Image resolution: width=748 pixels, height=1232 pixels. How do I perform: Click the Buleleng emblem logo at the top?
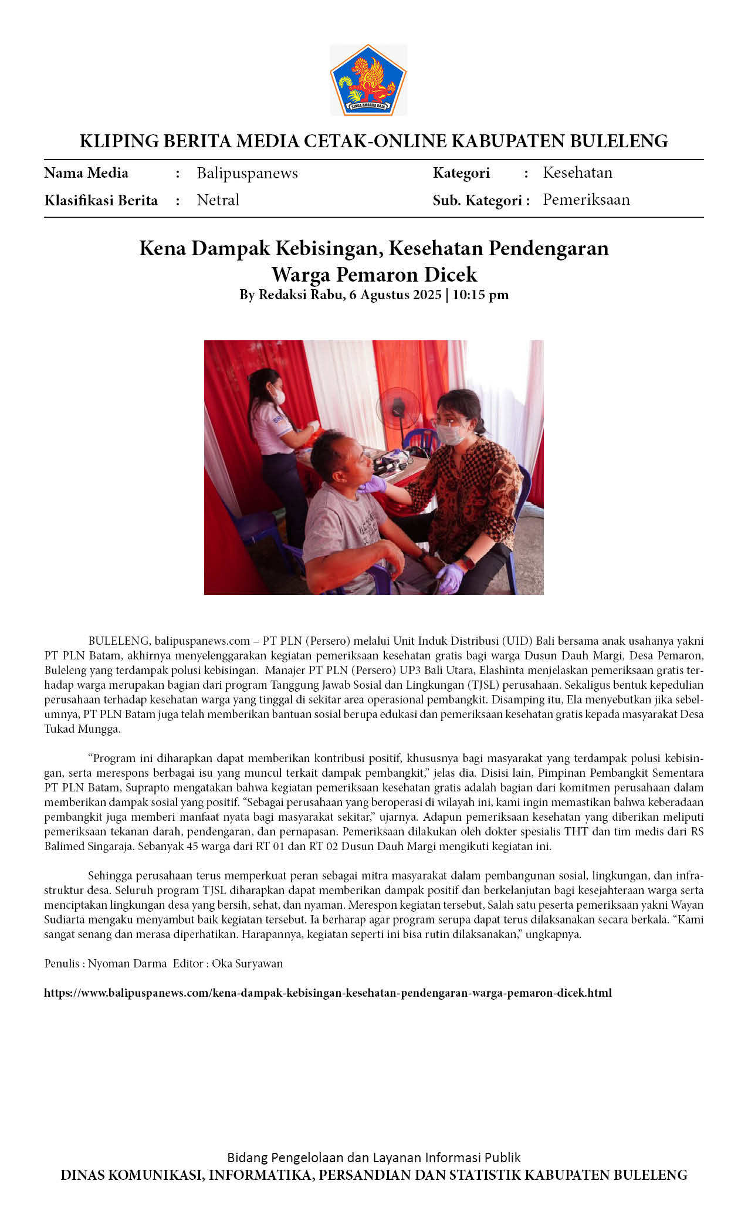click(368, 80)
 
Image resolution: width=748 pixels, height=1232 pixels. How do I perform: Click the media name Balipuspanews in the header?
click(247, 173)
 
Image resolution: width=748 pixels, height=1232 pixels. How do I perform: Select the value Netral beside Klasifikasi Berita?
click(218, 200)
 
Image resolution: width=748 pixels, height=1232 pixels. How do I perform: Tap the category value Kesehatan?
click(577, 172)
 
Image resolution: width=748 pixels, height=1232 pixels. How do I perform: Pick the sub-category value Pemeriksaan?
click(586, 199)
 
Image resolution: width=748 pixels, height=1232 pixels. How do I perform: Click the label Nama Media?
click(86, 173)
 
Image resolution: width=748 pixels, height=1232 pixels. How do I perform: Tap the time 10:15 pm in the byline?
click(480, 295)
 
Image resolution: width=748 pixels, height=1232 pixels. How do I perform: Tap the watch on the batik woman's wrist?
click(468, 562)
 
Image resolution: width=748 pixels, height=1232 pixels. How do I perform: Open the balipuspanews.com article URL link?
click(327, 993)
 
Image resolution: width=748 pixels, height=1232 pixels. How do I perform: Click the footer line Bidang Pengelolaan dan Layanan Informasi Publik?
click(374, 1157)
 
